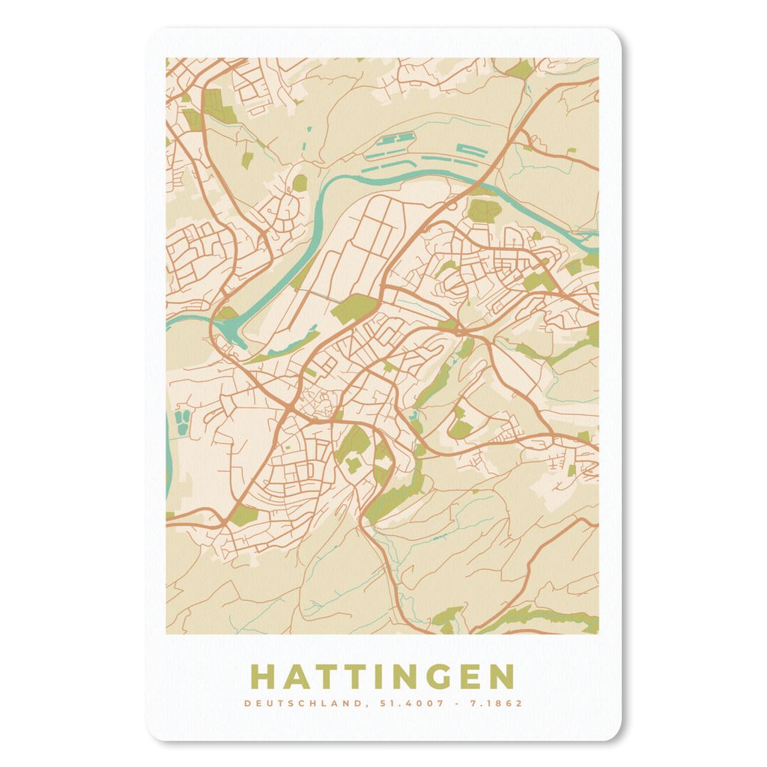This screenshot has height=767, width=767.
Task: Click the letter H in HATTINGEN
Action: point(263,676)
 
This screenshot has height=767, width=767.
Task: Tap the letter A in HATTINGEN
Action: point(296,676)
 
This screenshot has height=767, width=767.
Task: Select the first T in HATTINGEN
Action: point(327,676)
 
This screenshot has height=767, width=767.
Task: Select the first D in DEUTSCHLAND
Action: point(247,703)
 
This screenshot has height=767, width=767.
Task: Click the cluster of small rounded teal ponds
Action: point(182,421)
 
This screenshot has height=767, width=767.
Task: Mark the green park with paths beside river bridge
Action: point(482,210)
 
